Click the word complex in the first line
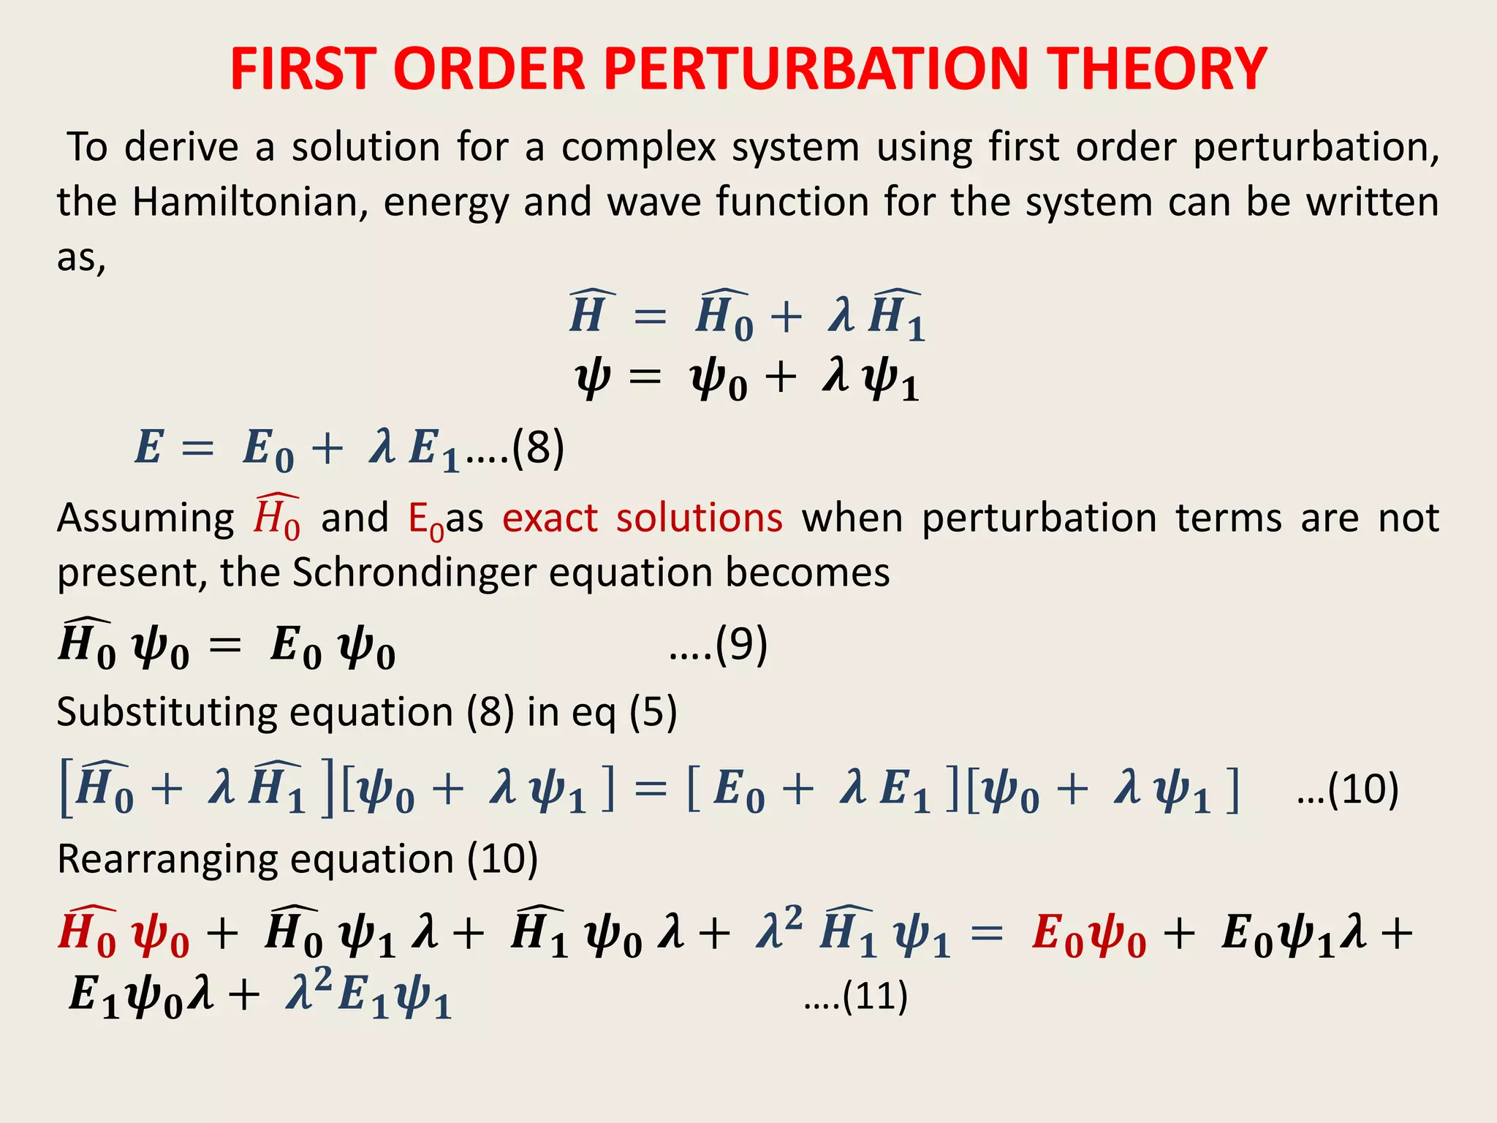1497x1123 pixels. (x=638, y=147)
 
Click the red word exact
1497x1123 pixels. (x=550, y=518)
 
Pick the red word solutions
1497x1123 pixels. (x=700, y=518)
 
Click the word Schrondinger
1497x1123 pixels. (x=414, y=572)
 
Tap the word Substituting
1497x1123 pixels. (x=167, y=712)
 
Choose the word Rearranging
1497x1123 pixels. (x=167, y=858)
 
